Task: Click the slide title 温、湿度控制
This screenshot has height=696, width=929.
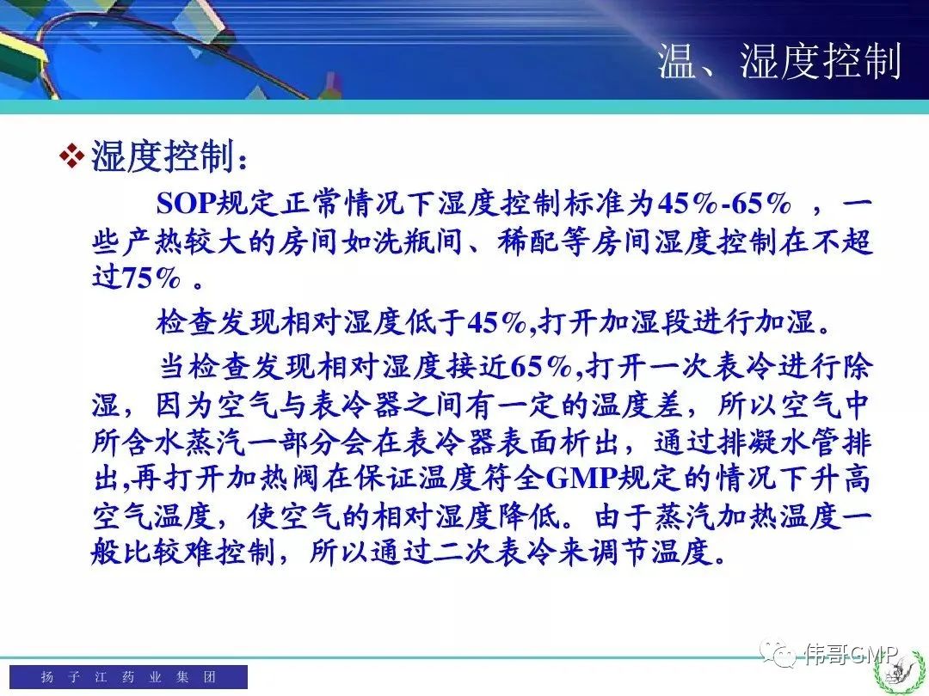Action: (779, 61)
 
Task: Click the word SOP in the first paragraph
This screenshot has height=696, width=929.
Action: (186, 203)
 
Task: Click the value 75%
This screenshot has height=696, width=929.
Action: (151, 277)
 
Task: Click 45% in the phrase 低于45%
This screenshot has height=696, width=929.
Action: (496, 322)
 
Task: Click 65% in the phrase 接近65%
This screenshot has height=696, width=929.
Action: (539, 366)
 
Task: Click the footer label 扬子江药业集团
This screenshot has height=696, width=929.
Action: (128, 676)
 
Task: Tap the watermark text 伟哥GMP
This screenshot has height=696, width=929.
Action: (851, 654)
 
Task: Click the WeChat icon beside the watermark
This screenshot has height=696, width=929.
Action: (778, 653)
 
